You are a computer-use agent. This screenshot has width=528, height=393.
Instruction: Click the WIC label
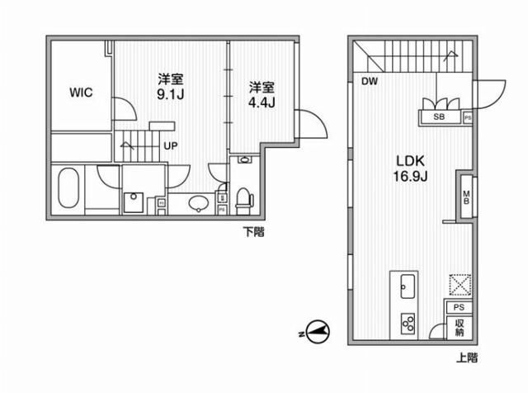click(x=81, y=92)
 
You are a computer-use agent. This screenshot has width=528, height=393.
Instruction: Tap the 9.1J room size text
click(x=171, y=95)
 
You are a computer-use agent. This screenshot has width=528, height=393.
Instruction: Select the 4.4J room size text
click(x=262, y=102)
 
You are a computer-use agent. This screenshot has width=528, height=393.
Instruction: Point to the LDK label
click(x=411, y=161)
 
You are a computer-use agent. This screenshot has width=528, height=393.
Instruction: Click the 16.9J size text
click(x=411, y=177)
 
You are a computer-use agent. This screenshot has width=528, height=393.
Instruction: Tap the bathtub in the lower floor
click(x=68, y=188)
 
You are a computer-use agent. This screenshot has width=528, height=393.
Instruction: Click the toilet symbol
click(x=244, y=201)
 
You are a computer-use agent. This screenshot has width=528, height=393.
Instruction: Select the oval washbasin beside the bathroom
click(x=199, y=204)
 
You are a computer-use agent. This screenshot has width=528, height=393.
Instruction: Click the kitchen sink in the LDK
click(x=408, y=286)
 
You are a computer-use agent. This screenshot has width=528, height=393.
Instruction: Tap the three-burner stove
click(x=408, y=323)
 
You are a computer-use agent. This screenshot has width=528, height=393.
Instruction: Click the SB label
click(x=439, y=117)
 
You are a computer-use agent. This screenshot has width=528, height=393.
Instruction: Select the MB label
click(x=466, y=197)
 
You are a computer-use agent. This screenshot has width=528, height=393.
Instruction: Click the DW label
click(x=370, y=81)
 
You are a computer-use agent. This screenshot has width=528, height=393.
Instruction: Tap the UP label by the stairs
click(x=171, y=146)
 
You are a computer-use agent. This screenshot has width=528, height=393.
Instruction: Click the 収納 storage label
click(x=460, y=328)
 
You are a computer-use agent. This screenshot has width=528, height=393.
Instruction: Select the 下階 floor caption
click(x=254, y=232)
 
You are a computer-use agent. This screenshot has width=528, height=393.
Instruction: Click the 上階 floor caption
click(x=467, y=357)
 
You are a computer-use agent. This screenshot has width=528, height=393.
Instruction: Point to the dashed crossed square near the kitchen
click(x=460, y=285)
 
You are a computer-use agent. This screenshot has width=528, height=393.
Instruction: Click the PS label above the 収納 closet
click(x=459, y=307)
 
